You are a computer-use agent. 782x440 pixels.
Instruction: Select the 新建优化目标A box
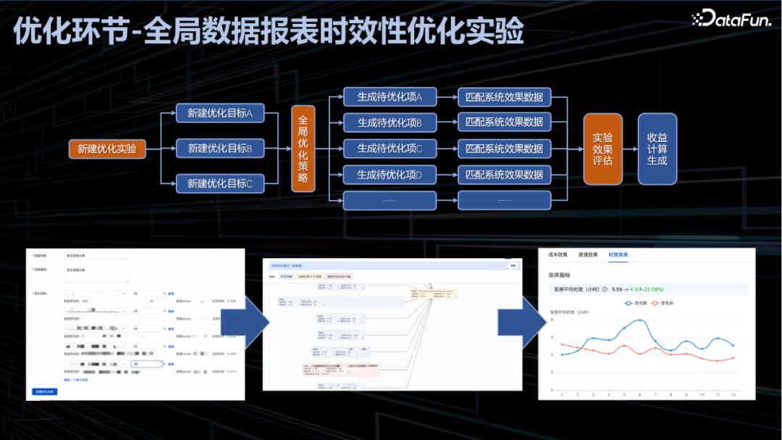pos(220,113)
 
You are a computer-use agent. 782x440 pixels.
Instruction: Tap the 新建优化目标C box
pos(220,183)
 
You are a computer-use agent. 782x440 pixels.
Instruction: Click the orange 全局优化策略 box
pos(303,149)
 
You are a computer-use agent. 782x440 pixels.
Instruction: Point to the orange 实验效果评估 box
pos(602,149)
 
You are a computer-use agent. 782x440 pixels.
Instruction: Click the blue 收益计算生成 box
pos(657,149)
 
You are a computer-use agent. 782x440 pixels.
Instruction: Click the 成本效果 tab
pos(558,255)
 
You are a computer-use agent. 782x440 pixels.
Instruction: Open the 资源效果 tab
pos(588,255)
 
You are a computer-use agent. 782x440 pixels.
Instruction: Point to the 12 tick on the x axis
pos(733,394)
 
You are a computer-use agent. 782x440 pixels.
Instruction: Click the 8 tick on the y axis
pos(552,319)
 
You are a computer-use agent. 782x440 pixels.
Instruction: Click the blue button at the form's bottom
pos(45,391)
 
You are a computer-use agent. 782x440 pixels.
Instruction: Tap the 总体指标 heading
pos(560,275)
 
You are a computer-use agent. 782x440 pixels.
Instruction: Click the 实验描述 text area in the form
pos(96,273)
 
